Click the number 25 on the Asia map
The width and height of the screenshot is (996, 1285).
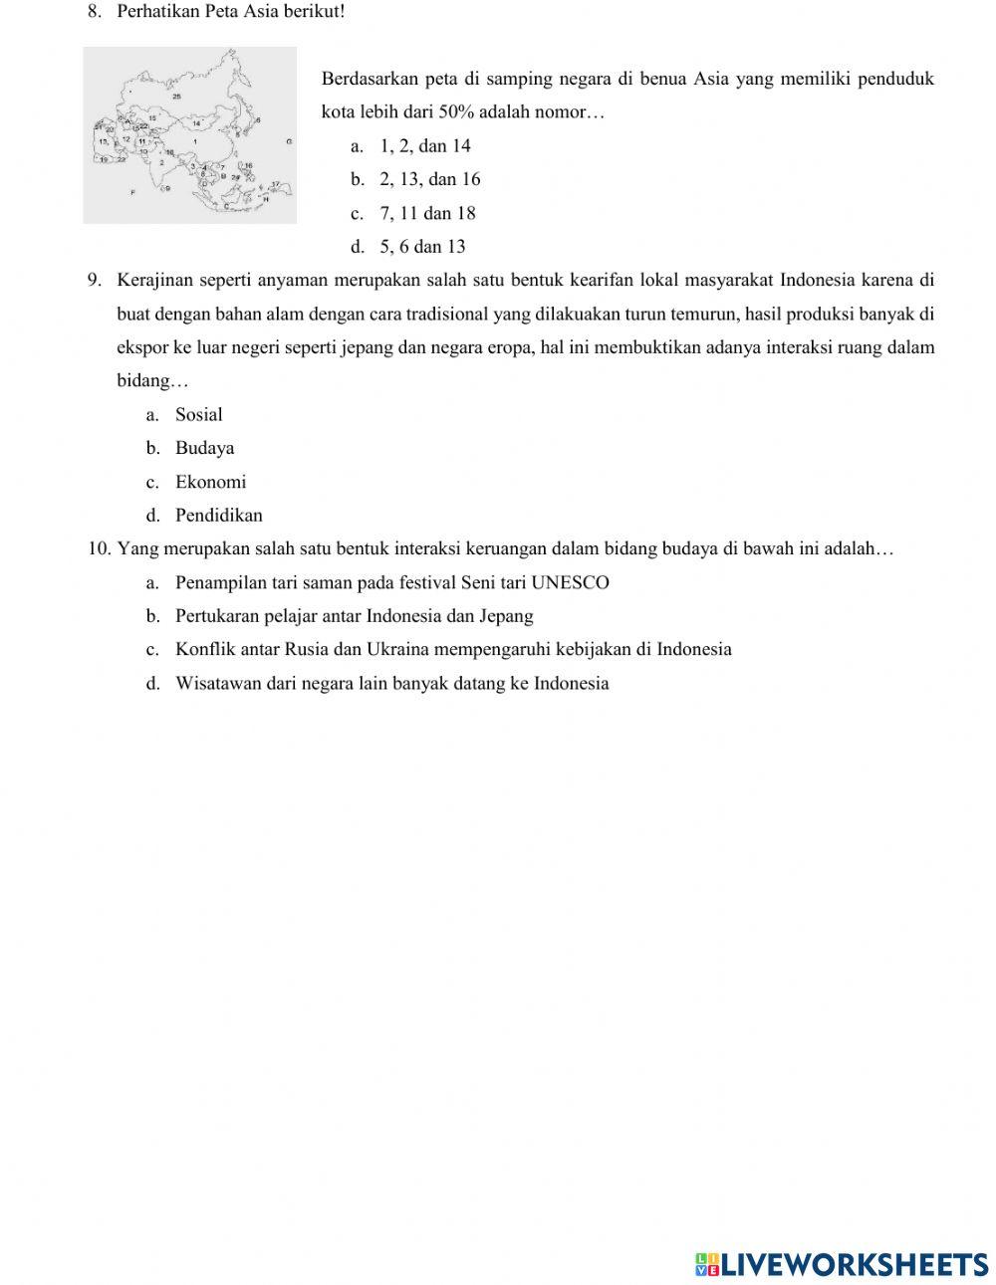[176, 97]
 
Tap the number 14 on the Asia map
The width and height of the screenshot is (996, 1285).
[196, 123]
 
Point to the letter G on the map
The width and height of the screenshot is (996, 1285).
[289, 142]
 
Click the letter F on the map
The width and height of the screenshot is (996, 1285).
[131, 191]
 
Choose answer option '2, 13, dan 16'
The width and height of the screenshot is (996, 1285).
[429, 179]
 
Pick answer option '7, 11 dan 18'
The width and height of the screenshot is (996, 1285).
[427, 213]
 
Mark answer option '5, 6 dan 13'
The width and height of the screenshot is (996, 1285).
[422, 247]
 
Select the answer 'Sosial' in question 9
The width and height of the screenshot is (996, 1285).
[198, 415]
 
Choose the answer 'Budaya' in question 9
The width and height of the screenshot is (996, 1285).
[204, 448]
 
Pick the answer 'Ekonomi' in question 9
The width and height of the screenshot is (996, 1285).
[210, 482]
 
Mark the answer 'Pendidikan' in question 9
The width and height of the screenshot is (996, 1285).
[219, 516]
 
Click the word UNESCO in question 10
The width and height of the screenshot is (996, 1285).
[570, 582]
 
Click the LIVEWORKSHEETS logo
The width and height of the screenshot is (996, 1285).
[842, 1264]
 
